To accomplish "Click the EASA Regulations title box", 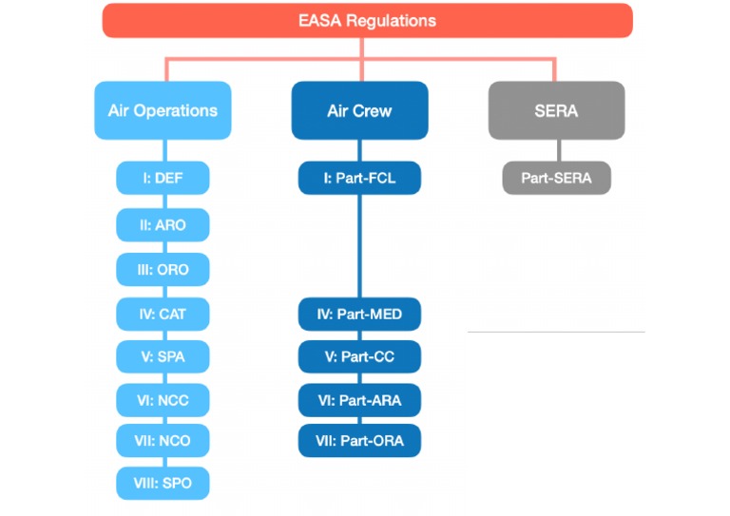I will click(x=367, y=20).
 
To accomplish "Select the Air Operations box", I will click(x=163, y=110).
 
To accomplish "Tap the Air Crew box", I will click(x=359, y=110).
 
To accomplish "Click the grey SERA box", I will click(x=556, y=110).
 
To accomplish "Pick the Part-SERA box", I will click(x=556, y=178).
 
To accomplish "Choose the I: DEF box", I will click(x=163, y=178).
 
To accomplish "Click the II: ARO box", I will click(x=163, y=225).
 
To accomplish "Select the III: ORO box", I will click(x=163, y=270).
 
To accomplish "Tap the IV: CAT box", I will click(x=163, y=314).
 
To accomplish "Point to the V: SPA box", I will click(x=163, y=356).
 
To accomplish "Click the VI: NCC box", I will click(x=163, y=400).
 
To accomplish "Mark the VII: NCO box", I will click(x=163, y=441).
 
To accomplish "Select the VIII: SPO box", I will click(x=163, y=483).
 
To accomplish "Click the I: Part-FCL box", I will click(x=359, y=178).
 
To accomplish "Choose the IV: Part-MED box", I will click(x=359, y=314).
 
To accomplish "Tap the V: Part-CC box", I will click(x=359, y=356).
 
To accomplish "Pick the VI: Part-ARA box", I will click(x=359, y=400).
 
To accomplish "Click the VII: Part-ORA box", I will click(x=359, y=441).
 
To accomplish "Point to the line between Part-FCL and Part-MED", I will click(x=359, y=247).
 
